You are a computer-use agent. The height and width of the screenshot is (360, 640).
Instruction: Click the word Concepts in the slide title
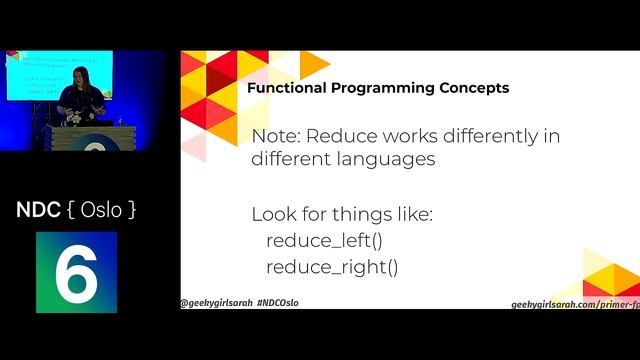pos(474,88)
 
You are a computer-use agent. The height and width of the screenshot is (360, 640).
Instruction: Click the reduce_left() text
pos(324,241)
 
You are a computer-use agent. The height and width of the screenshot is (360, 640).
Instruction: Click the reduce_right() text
pos(331,267)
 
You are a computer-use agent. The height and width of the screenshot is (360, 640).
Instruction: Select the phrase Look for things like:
pos(341,214)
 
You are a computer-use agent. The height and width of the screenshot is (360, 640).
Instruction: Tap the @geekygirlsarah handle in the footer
pos(215,302)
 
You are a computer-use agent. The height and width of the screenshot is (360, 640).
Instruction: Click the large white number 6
pos(76,272)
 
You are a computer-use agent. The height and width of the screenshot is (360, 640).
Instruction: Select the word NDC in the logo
pos(37,210)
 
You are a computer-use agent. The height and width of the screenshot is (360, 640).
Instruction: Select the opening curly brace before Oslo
pos(68,210)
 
